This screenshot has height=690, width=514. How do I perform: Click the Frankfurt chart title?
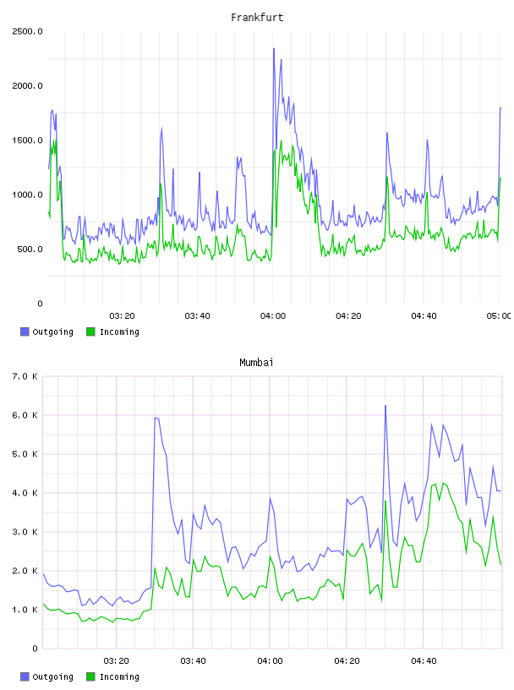(x=257, y=18)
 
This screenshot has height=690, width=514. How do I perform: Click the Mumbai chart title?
(x=256, y=363)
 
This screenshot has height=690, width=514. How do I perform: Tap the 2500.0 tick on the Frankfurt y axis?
(x=27, y=31)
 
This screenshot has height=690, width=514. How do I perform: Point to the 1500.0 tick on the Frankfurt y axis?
(x=27, y=140)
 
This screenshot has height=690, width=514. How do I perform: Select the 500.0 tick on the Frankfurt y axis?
(x=30, y=249)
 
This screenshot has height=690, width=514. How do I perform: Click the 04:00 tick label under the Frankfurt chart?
(x=273, y=316)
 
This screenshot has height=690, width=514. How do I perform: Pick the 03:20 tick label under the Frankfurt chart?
(x=122, y=316)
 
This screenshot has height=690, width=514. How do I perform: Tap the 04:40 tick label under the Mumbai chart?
(x=424, y=661)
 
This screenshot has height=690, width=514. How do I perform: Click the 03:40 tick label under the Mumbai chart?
(x=193, y=661)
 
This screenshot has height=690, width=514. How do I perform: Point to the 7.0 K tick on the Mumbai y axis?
(x=25, y=376)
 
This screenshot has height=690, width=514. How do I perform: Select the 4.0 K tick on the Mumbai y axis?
(x=25, y=493)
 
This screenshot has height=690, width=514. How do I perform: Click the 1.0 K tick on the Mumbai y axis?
(x=25, y=610)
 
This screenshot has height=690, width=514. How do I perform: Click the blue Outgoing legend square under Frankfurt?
(x=25, y=331)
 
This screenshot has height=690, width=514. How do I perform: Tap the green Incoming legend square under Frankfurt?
(x=90, y=331)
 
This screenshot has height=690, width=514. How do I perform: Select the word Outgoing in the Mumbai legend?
(x=52, y=676)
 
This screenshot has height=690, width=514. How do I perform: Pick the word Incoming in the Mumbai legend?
(x=119, y=676)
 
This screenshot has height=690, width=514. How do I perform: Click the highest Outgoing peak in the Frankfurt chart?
(x=274, y=49)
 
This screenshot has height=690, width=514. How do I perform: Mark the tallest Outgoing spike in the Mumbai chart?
(x=385, y=406)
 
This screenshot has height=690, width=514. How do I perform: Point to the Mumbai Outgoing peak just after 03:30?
(x=156, y=418)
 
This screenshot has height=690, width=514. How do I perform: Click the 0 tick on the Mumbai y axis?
(x=36, y=649)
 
